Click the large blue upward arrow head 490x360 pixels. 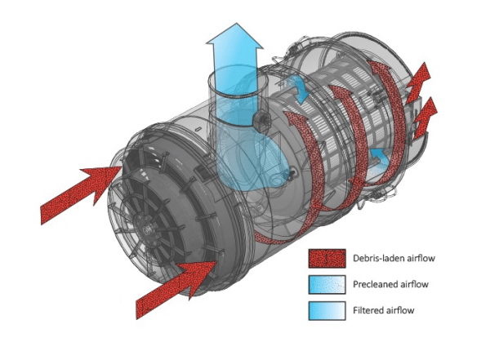click(x=234, y=36)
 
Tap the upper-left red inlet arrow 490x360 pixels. click(x=80, y=194)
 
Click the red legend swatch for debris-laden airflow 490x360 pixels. click(x=327, y=259)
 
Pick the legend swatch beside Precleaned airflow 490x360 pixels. click(x=327, y=284)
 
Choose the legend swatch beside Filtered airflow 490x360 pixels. click(x=327, y=311)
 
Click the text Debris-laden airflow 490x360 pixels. click(x=394, y=259)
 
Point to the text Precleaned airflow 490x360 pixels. click(x=390, y=284)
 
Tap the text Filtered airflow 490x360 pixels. click(x=384, y=310)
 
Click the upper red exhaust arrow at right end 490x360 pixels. click(x=419, y=82)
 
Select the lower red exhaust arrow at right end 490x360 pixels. click(x=425, y=118)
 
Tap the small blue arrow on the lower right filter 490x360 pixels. click(x=379, y=156)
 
